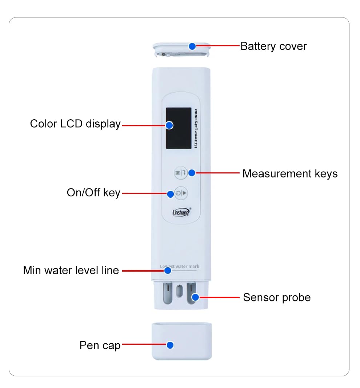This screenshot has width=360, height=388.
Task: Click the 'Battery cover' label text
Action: pos(273,47)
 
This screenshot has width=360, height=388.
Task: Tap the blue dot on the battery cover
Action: pos(192,46)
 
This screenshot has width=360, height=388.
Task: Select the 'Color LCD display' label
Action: pos(75,124)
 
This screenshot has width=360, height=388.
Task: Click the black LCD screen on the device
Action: pos(178,128)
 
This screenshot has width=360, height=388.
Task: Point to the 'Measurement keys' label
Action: pos(290,174)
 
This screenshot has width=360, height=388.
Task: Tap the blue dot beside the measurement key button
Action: pos(192,172)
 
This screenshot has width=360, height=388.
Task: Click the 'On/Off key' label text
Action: pos(93,193)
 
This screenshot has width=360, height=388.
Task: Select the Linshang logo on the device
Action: pos(181,212)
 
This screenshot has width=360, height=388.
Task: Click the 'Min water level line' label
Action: pos(71,271)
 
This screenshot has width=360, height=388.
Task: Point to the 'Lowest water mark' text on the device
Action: pos(180,266)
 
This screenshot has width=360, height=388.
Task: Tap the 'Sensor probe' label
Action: pos(277,297)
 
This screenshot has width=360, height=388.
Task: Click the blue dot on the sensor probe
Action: pos(195,297)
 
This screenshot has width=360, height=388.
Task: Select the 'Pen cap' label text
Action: pos(100,345)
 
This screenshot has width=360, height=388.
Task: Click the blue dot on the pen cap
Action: pos(170,345)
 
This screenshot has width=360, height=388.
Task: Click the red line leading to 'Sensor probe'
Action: pos(220,297)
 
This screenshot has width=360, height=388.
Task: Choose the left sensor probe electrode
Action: pos(167,293)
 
